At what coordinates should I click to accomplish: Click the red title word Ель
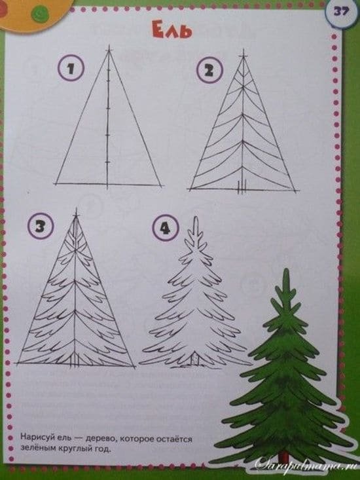click(x=172, y=31)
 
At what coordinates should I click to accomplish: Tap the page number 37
click(x=341, y=12)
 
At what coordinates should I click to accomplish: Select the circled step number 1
click(x=71, y=68)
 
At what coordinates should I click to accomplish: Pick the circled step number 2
click(x=209, y=70)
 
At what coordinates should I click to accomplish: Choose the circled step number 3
click(x=41, y=227)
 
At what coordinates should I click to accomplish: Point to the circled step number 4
click(x=166, y=229)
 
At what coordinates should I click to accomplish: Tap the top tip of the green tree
click(x=286, y=270)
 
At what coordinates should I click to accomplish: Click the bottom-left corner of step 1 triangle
click(x=57, y=183)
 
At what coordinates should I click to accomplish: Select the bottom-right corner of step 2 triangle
click(x=295, y=191)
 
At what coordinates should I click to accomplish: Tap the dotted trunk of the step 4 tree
click(x=195, y=359)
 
